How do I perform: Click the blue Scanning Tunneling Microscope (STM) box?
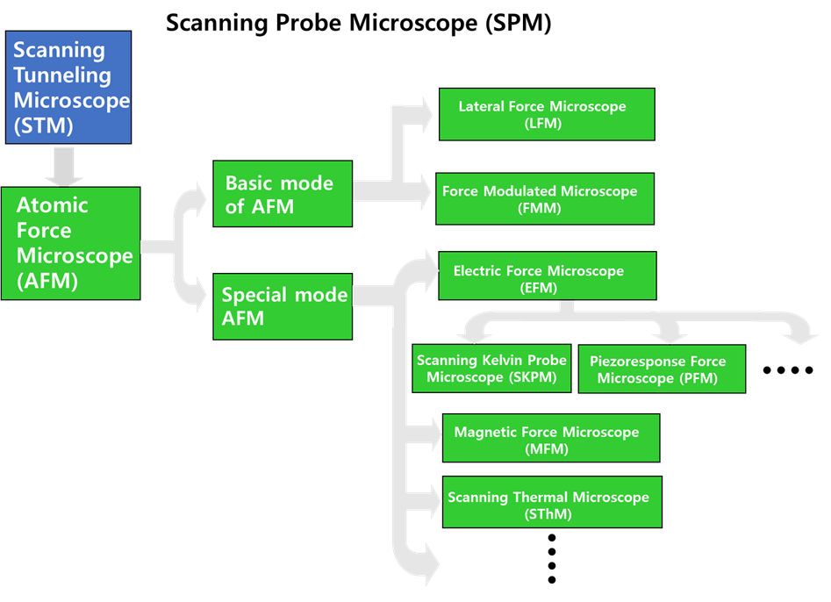68,88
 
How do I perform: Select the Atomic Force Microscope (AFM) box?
70,243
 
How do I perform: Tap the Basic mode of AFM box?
283,194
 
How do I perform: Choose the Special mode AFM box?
283,306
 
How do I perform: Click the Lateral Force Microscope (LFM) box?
547,114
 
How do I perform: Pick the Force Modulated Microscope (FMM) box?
545,198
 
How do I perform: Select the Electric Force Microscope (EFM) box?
548,276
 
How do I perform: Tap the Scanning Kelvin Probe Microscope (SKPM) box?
491,369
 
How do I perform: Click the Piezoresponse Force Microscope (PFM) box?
662,369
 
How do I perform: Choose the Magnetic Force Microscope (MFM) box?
551,438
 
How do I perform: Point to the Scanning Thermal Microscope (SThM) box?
552,502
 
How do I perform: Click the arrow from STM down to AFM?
63,166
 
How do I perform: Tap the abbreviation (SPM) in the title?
519,23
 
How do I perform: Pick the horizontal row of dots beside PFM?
788,370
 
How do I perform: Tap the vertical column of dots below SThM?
552,558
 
